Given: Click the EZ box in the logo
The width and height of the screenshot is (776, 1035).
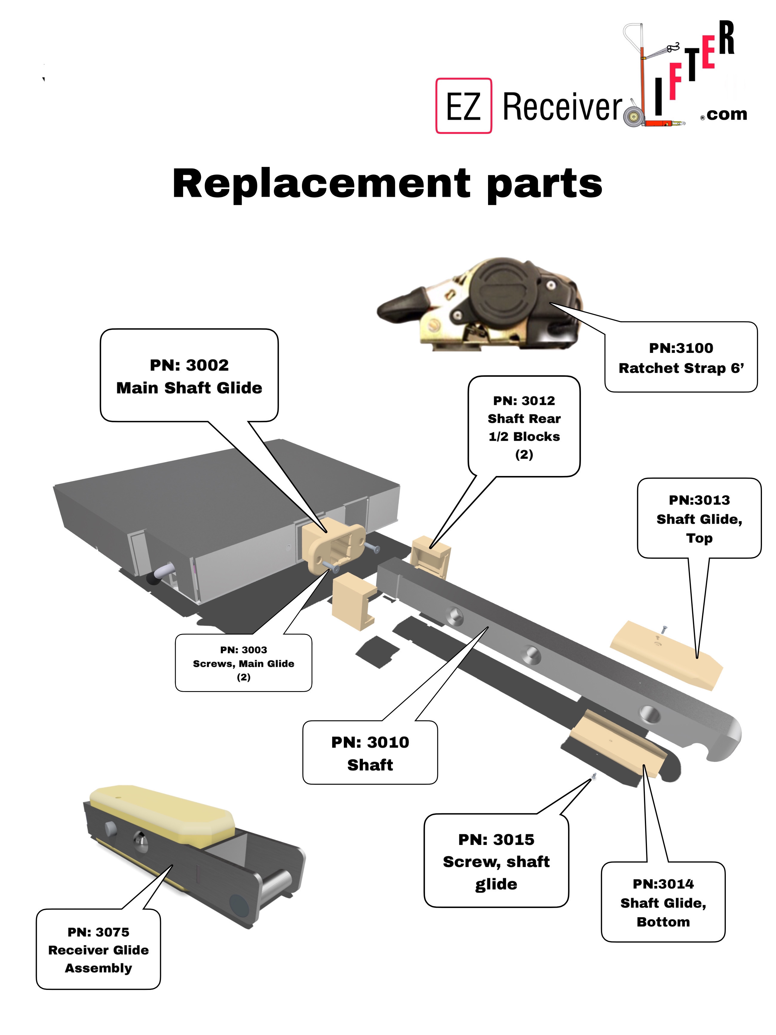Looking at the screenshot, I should pyautogui.click(x=463, y=106).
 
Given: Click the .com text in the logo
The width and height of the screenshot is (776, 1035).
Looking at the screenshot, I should pyautogui.click(x=726, y=114).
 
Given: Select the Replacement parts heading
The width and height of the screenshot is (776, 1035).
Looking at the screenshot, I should pyautogui.click(x=387, y=183).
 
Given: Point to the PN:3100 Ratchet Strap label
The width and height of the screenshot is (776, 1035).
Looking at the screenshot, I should pyautogui.click(x=681, y=357).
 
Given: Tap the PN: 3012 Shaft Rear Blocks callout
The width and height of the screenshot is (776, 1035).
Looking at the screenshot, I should pyautogui.click(x=524, y=427).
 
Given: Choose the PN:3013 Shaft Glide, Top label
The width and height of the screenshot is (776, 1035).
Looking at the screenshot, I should pyautogui.click(x=699, y=518).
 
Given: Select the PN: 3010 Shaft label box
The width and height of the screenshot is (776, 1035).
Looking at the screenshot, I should pyautogui.click(x=370, y=752).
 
